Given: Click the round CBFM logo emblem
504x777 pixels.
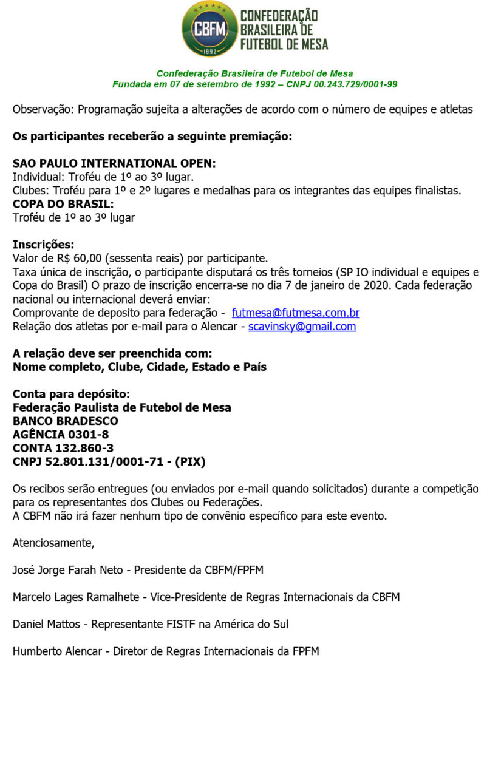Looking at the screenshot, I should pos(209,29).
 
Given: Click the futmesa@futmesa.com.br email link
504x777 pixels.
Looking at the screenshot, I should pos(296,313).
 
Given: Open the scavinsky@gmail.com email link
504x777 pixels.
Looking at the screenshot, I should pos(302,327).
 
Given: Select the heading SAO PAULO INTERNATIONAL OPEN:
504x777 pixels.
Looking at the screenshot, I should pos(114,164).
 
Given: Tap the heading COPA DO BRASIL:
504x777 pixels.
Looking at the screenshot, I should pos(63,204).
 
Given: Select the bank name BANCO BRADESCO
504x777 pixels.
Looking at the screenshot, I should pos(66,421).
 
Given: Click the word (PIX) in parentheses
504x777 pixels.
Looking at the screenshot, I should pos(190,462).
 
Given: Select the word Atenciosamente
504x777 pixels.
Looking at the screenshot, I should pos(53,543).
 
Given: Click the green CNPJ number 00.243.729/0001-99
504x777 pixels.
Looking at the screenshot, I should pos(356,84).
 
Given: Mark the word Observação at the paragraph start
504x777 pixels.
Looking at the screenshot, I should pos(42,110).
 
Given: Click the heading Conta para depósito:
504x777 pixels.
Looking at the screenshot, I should pos(71,394).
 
